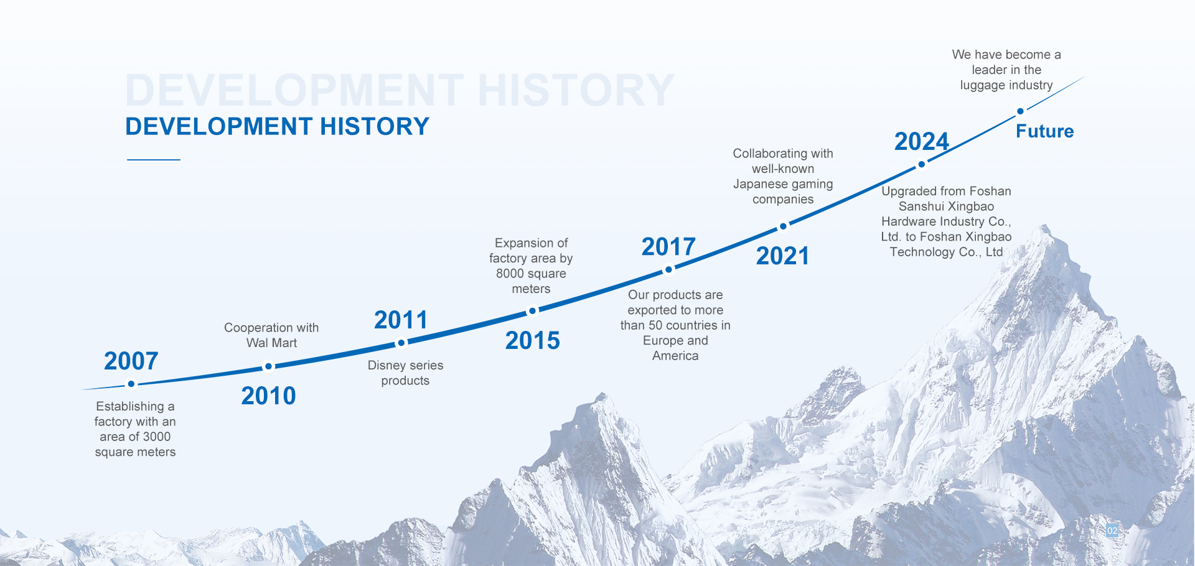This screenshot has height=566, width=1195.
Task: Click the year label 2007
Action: pos(131,361)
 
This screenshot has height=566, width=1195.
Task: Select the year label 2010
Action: pos(268,396)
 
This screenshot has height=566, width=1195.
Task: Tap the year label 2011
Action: pos(401,320)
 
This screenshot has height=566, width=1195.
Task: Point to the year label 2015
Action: pos(532,340)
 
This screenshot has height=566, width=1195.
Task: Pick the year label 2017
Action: pos(668,246)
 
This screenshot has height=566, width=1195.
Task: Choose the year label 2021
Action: pos(782,256)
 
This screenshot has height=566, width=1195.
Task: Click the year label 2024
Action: pos(921,141)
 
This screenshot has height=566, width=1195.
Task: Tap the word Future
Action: pos(1044,131)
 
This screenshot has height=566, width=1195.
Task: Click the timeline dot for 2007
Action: pos(131,384)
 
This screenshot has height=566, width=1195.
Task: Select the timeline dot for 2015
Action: pos(533,311)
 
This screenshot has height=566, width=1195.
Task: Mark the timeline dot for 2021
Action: pos(784,226)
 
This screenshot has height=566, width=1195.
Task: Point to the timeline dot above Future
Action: pos(1020,111)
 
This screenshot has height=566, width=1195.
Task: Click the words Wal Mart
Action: pos(271,343)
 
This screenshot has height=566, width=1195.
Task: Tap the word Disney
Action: pos(387,366)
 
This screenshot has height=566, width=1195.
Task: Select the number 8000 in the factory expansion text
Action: pos(510,274)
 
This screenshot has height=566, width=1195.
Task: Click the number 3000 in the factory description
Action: pos(156,437)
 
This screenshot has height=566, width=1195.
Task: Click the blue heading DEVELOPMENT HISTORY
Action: pos(277,126)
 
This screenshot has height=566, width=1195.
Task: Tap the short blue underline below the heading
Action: pos(154,160)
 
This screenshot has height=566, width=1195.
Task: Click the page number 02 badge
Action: pos(1112,531)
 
